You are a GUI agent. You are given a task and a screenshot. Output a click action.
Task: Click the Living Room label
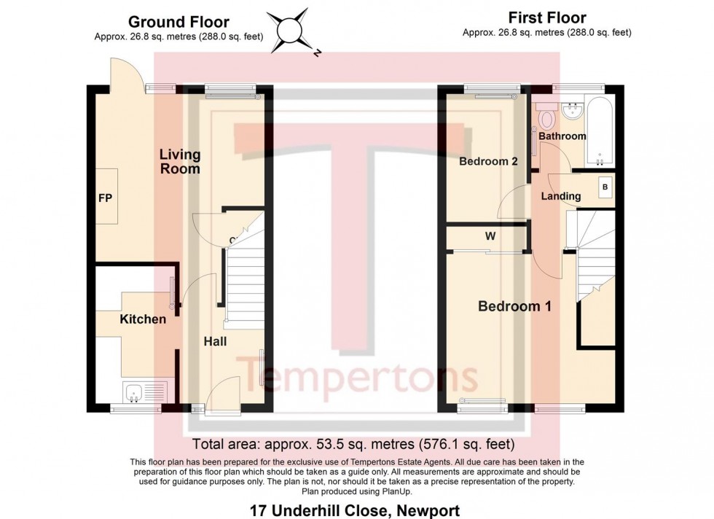(180, 162)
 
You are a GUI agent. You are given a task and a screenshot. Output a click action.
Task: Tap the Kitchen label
(143, 319)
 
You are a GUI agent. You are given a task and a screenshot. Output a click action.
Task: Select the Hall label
(215, 341)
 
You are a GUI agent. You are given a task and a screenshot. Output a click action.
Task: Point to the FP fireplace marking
(106, 198)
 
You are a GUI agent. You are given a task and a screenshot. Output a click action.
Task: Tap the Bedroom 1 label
(514, 307)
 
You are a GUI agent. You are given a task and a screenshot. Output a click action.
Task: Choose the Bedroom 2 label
(488, 161)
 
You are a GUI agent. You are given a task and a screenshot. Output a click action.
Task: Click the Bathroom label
(562, 136)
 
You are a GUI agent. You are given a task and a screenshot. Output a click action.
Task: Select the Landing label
(561, 196)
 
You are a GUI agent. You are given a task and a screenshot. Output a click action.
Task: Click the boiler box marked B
(604, 187)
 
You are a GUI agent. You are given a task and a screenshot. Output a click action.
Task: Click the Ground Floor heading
(178, 22)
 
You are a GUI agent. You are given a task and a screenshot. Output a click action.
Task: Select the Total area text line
(353, 444)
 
